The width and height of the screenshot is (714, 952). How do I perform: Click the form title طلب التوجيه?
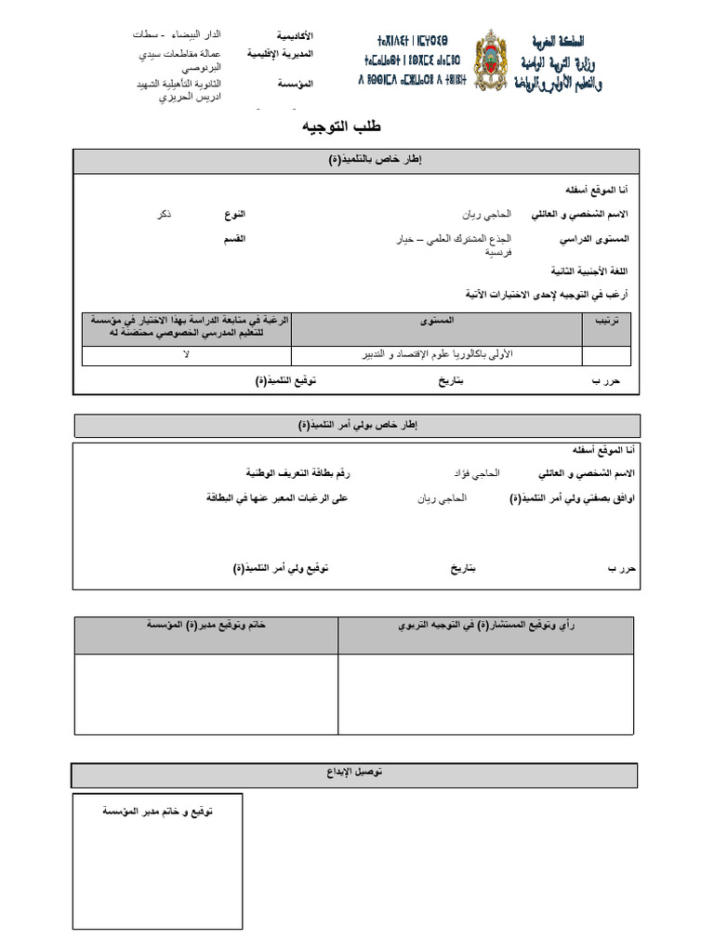click(341, 126)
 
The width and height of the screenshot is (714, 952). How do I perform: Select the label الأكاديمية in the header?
click(294, 34)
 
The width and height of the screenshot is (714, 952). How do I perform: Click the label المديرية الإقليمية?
click(280, 55)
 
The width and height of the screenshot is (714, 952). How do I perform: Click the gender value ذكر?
click(164, 214)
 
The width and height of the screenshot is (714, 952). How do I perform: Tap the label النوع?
click(234, 214)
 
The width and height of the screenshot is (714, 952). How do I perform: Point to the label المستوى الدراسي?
click(594, 239)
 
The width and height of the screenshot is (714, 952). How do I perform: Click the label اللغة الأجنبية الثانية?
click(590, 271)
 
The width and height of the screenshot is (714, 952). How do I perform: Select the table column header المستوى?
click(437, 320)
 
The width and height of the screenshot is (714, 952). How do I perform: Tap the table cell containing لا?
click(186, 354)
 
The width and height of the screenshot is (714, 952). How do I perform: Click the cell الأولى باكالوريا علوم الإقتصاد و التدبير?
click(436, 354)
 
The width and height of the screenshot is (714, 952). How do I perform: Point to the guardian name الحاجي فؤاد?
click(475, 473)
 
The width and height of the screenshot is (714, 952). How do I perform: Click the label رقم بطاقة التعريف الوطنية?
click(298, 473)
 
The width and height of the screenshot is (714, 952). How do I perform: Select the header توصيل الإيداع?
click(355, 773)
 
